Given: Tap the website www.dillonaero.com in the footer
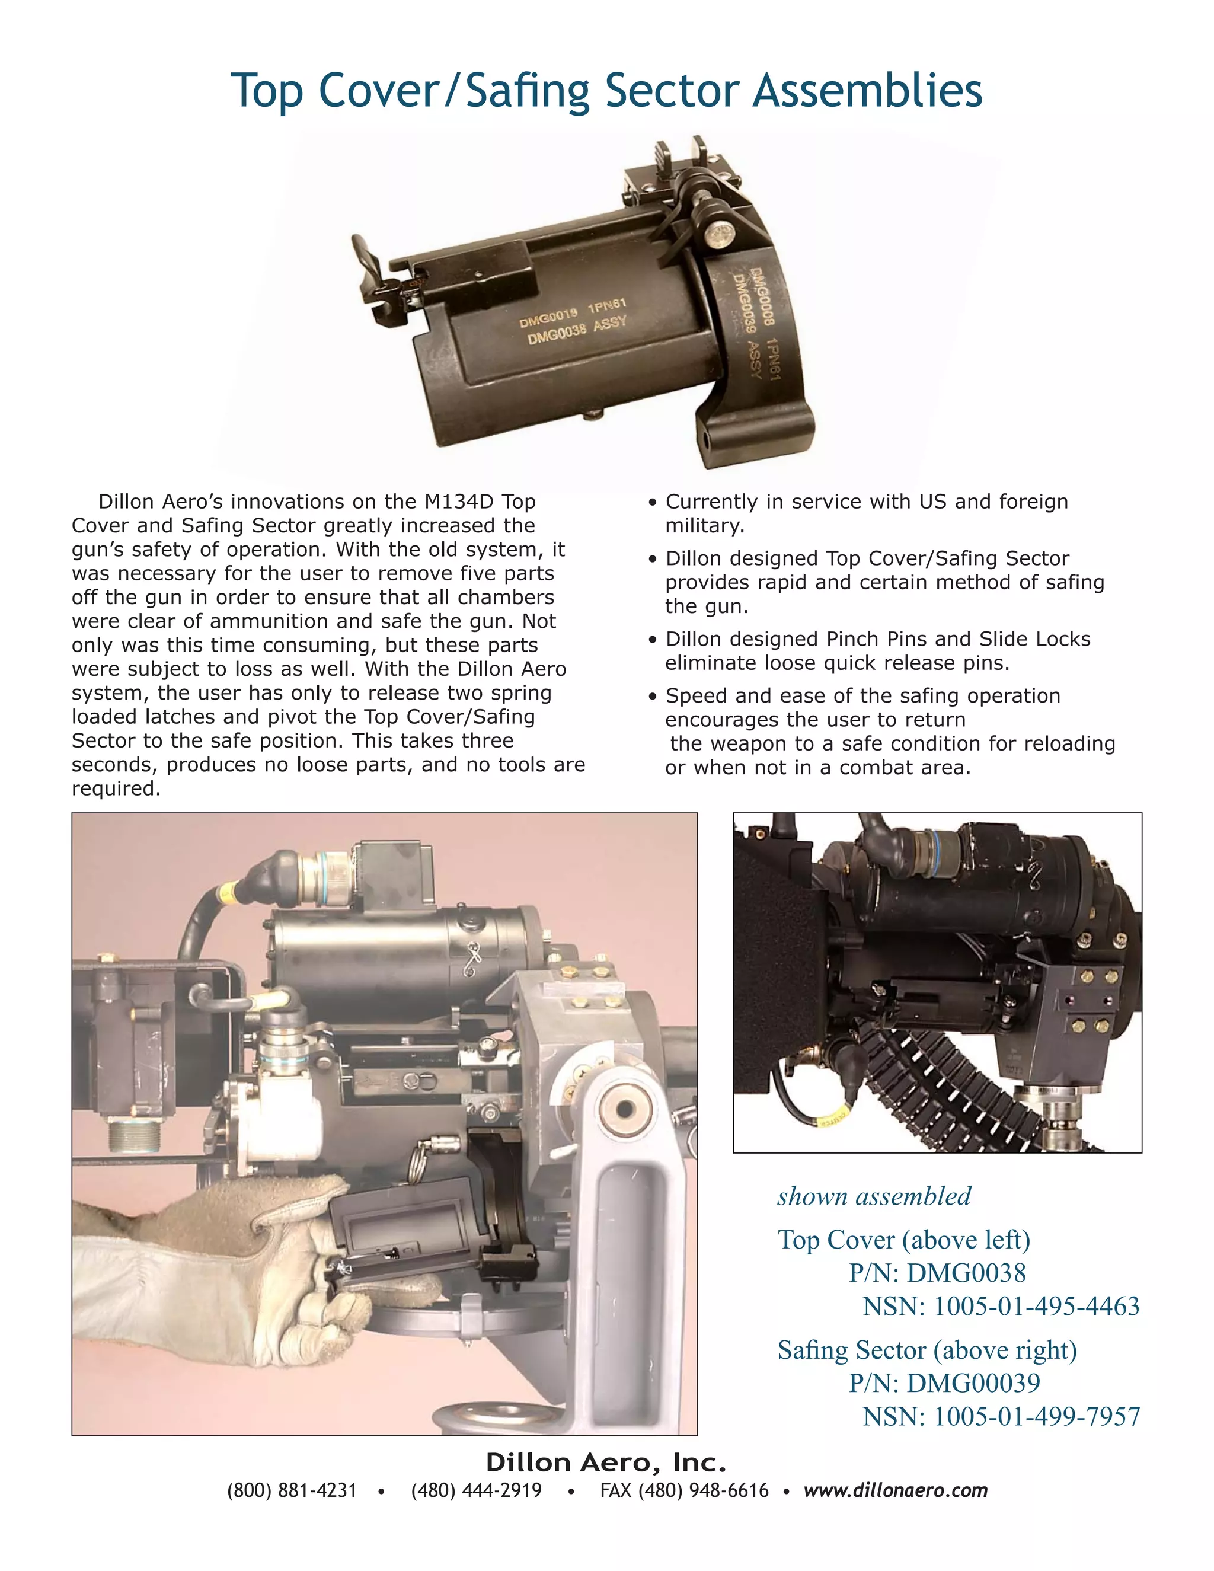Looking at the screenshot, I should coord(896,1490).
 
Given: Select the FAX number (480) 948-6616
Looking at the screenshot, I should coord(684,1490).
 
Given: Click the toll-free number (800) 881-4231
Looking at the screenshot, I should coord(292,1490).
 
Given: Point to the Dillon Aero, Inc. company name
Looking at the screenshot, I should coord(606,1462).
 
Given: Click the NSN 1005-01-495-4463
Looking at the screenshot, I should coord(1001,1305).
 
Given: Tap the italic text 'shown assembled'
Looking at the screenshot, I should coord(874,1196).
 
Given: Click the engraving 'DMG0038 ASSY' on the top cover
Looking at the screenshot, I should coord(577,330).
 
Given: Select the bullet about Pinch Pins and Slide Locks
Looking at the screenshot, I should coord(877,650).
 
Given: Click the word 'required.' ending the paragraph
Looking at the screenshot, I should coord(116,788).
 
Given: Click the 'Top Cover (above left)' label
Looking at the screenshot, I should coord(904,1240).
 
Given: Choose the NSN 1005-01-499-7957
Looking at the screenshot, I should coord(1001,1416).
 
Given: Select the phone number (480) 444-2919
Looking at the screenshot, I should coord(476,1490).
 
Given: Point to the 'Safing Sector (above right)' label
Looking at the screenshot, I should coord(927,1349).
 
